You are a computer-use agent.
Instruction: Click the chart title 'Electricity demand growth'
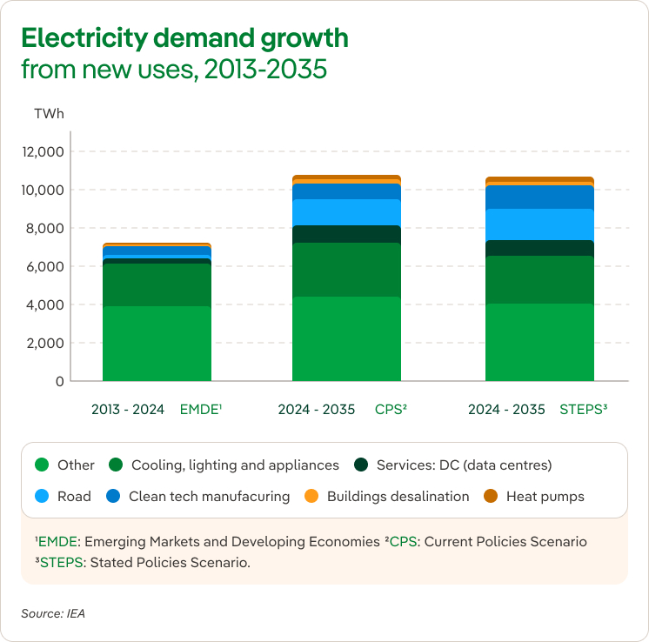184,38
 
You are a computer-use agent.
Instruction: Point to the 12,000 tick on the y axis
43,151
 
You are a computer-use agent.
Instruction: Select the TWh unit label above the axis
49,114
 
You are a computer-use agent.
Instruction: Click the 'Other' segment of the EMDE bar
157,344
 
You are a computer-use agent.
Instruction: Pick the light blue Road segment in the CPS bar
346,212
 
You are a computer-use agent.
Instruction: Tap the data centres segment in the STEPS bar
539,248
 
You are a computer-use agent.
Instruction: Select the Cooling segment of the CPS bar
346,270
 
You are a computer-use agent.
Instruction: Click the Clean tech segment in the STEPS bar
539,197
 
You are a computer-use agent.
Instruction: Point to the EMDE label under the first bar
201,409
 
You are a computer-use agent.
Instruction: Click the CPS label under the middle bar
391,409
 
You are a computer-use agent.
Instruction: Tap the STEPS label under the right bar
584,409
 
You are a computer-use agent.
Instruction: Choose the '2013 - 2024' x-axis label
128,409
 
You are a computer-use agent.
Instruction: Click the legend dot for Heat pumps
491,496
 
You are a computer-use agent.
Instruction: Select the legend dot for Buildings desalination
311,496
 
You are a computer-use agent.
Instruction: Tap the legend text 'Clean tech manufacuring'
209,496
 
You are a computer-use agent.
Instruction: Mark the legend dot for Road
41,496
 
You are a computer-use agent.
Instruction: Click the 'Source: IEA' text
53,613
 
